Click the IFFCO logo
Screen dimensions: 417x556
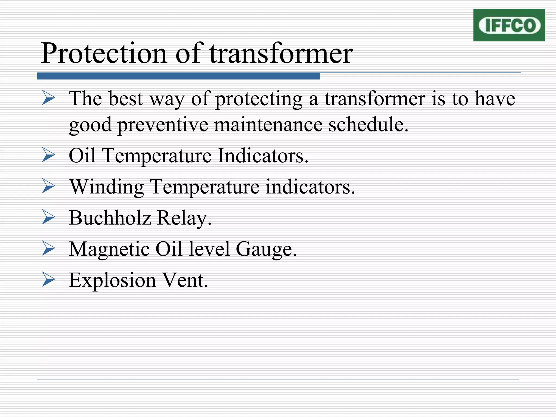[x=509, y=25]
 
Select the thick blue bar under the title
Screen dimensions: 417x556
[x=179, y=76]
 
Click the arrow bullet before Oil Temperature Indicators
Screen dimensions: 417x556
[x=49, y=156]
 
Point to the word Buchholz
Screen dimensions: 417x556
[x=110, y=218]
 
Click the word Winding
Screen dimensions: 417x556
[x=107, y=187]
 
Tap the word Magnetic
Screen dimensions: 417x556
[x=109, y=249]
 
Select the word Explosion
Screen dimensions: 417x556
[x=112, y=280]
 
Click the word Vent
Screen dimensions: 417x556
[x=185, y=280]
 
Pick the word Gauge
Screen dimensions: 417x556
[x=266, y=249]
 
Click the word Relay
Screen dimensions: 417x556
[x=184, y=218]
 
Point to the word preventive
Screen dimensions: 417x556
[x=163, y=125]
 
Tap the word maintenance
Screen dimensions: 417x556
[x=268, y=125]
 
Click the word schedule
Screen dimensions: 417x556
[x=368, y=125]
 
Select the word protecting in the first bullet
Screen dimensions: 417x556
[x=259, y=99]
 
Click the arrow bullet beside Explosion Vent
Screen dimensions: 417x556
[x=49, y=280]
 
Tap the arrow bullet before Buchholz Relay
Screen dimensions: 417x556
[x=49, y=218]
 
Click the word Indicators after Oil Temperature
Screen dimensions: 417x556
[x=263, y=156]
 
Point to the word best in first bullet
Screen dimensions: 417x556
[x=125, y=99]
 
